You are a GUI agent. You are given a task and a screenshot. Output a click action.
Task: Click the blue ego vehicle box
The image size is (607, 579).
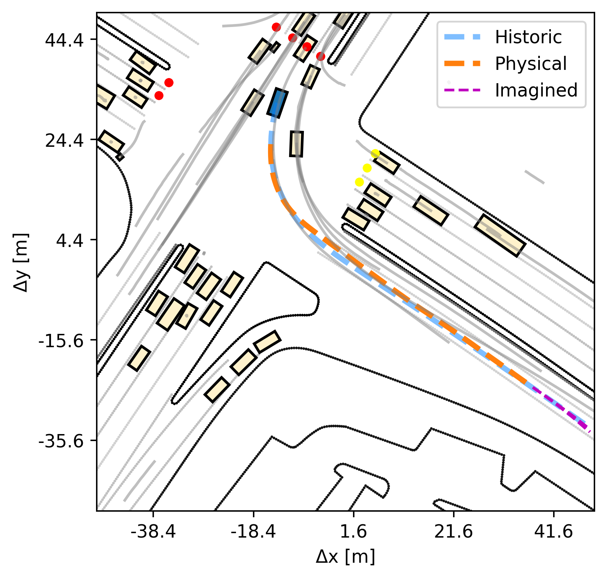(x=277, y=103)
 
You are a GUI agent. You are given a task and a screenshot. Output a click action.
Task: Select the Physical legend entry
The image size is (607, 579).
(x=505, y=64)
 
